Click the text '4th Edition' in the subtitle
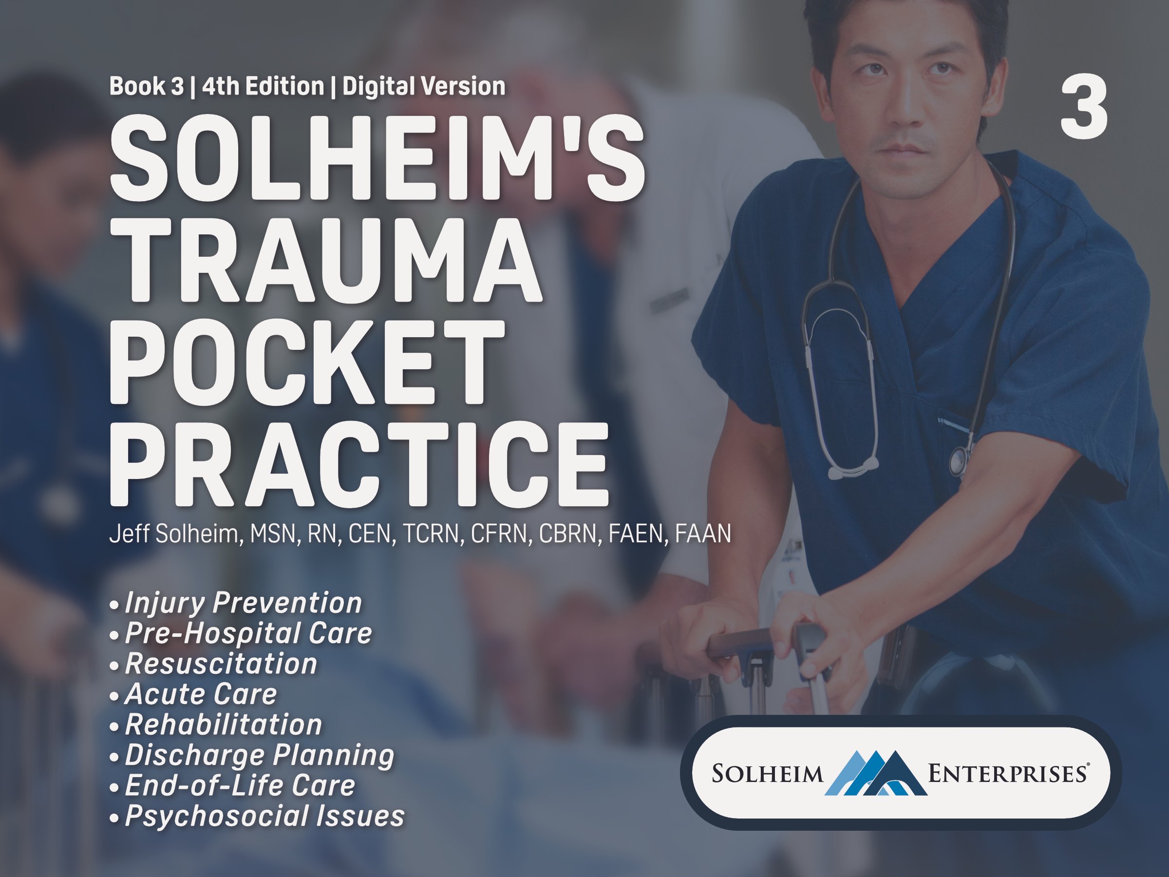coord(263,86)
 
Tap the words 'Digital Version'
coord(424,86)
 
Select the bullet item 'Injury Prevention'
coord(243,603)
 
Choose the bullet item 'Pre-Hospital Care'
coord(248,633)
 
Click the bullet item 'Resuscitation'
coord(221,664)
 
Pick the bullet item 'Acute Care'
coord(201,694)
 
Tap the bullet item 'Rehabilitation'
coord(224,724)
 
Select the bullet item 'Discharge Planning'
coord(260,755)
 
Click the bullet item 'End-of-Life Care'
coord(240,785)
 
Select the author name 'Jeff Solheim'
coord(176,534)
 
